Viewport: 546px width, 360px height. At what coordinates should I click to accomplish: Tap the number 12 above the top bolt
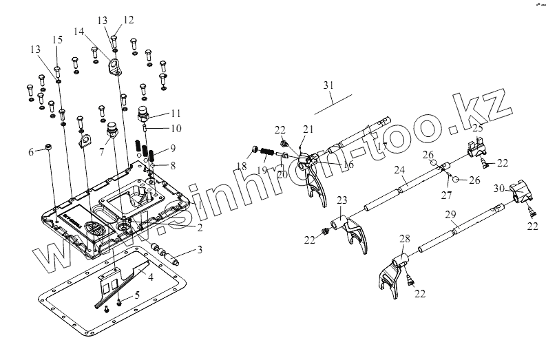click(x=129, y=19)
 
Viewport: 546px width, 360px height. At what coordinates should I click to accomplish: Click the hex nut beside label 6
click(x=50, y=147)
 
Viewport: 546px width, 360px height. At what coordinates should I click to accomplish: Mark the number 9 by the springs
click(x=174, y=148)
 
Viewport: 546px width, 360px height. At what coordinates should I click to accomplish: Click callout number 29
click(x=451, y=215)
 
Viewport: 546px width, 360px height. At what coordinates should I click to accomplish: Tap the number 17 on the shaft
click(x=382, y=146)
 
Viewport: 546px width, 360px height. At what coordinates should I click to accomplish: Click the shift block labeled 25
click(x=476, y=147)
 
